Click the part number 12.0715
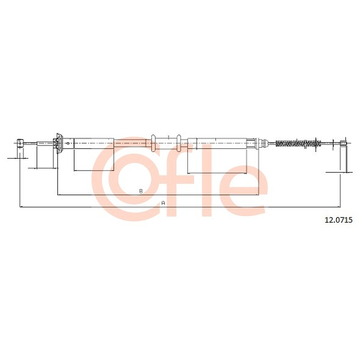click(x=338, y=220)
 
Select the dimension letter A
click(x=163, y=203)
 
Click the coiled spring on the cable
click(x=297, y=143)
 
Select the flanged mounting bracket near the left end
click(x=59, y=143)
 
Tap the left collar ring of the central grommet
click(x=153, y=143)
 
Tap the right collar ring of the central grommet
click(x=179, y=143)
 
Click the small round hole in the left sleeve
click(x=67, y=144)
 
